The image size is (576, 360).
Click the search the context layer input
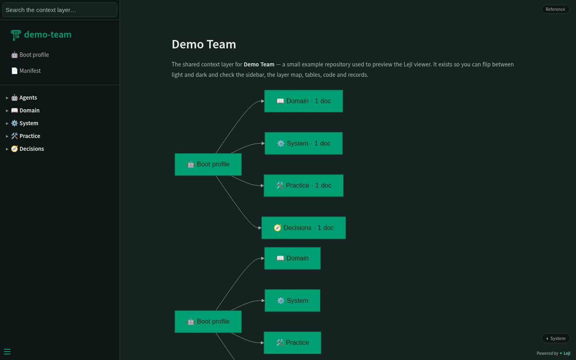[x=60, y=10]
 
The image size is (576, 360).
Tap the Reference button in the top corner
[x=556, y=9]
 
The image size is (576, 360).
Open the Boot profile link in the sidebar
[x=30, y=55]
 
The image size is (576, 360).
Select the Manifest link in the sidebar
[x=26, y=71]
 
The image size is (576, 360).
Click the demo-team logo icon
[x=16, y=35]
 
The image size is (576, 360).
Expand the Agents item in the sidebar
[x=24, y=98]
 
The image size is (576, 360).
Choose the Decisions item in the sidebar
[x=28, y=149]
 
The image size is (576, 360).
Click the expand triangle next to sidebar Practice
[x=7, y=136]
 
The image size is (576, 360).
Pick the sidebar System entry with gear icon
[x=25, y=124]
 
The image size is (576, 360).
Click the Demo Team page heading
[x=204, y=44]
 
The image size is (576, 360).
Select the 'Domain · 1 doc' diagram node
[x=304, y=101]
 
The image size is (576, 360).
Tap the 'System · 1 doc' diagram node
[x=304, y=144]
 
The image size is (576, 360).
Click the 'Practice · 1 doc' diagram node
[x=304, y=186]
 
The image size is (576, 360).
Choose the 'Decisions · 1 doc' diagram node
[x=304, y=228]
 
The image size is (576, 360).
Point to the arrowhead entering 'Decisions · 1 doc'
[x=260, y=228]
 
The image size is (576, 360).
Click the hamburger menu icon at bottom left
[x=7, y=352]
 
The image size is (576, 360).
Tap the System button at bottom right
[x=556, y=338]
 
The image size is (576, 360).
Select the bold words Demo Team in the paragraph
[x=259, y=64]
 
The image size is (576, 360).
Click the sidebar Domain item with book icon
[x=25, y=110]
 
